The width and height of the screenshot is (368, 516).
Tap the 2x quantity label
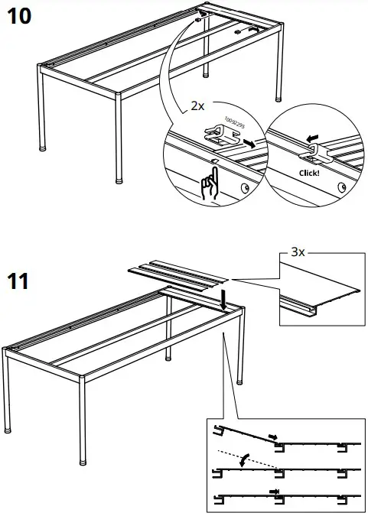197,106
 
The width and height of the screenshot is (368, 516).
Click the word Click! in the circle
307,173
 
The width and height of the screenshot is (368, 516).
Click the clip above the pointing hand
220,138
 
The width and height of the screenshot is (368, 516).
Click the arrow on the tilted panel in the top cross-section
272,436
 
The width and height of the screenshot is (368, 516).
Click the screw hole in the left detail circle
245,187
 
